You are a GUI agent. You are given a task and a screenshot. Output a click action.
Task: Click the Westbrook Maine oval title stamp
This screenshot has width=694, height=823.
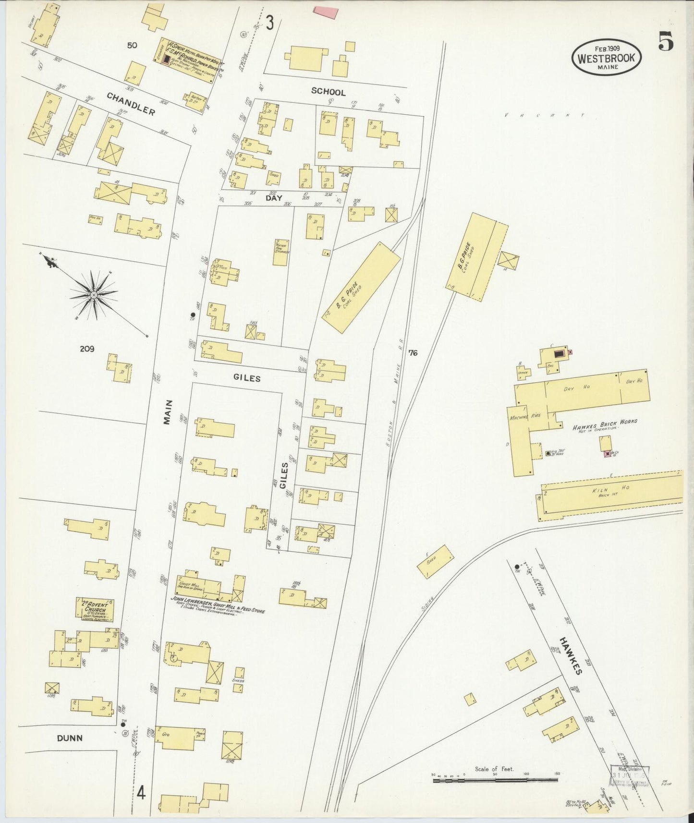tap(607, 57)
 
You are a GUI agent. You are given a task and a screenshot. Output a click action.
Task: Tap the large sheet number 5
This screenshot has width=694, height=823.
tap(666, 41)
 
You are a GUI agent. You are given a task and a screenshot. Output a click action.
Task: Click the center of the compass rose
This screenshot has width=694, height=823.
tap(94, 294)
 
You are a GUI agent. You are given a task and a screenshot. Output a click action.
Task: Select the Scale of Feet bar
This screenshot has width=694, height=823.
tap(495, 780)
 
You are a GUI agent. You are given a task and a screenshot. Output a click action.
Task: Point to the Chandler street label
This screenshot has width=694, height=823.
tap(131, 104)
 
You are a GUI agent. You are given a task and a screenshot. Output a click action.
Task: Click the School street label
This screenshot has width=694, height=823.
tap(328, 91)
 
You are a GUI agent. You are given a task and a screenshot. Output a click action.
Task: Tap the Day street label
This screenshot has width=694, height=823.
tap(274, 197)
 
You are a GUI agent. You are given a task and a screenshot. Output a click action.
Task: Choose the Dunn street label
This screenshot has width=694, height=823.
tap(70, 738)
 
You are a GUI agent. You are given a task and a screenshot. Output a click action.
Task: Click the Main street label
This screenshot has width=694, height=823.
tap(168, 412)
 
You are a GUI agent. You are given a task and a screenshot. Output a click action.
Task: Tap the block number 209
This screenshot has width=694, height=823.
tap(87, 349)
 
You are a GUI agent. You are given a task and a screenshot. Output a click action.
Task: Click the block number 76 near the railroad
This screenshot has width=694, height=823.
tap(413, 353)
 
